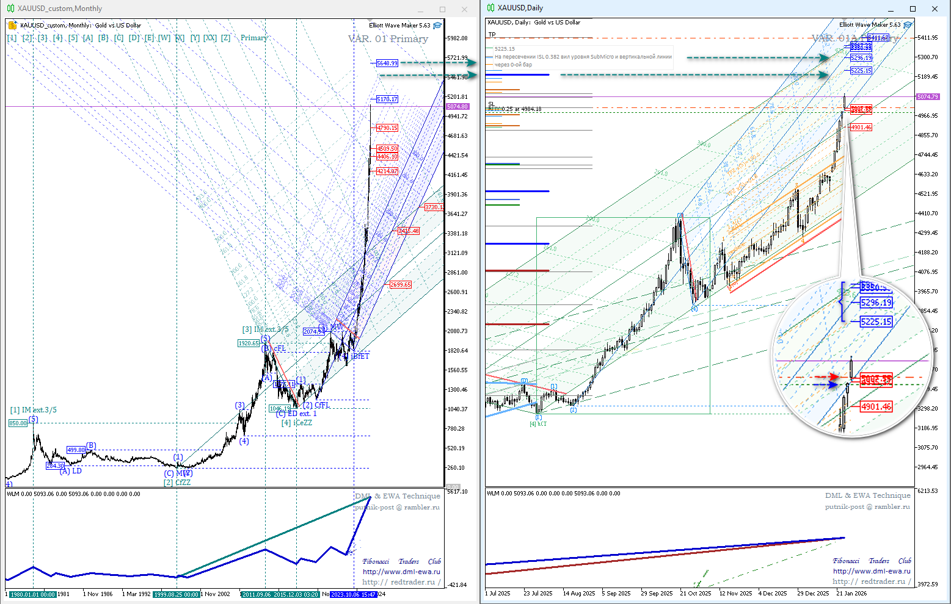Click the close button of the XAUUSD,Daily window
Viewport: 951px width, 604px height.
[x=935, y=9]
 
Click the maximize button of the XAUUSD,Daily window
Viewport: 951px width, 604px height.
[x=913, y=9]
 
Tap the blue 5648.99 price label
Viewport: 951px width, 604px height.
[x=387, y=63]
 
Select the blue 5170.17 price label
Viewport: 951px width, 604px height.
[x=387, y=99]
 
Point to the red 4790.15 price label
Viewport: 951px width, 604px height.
[x=387, y=128]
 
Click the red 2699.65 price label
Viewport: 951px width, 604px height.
[x=401, y=285]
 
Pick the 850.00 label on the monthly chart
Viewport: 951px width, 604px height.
[x=18, y=423]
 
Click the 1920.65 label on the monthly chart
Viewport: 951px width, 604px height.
[x=249, y=343]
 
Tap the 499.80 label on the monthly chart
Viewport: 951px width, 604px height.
[x=76, y=450]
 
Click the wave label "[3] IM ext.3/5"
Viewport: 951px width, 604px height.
[x=265, y=329]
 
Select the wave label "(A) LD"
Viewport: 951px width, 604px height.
[x=70, y=471]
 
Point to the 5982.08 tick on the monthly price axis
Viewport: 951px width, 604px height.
[x=457, y=38]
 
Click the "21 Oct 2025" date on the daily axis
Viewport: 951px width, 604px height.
[x=696, y=593]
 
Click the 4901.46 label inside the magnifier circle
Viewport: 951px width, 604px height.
[x=876, y=406]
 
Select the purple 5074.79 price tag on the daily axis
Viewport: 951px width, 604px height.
[x=928, y=97]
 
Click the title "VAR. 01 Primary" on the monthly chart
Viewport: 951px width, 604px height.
[x=388, y=39]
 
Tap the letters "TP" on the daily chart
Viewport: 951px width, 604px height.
[x=492, y=35]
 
